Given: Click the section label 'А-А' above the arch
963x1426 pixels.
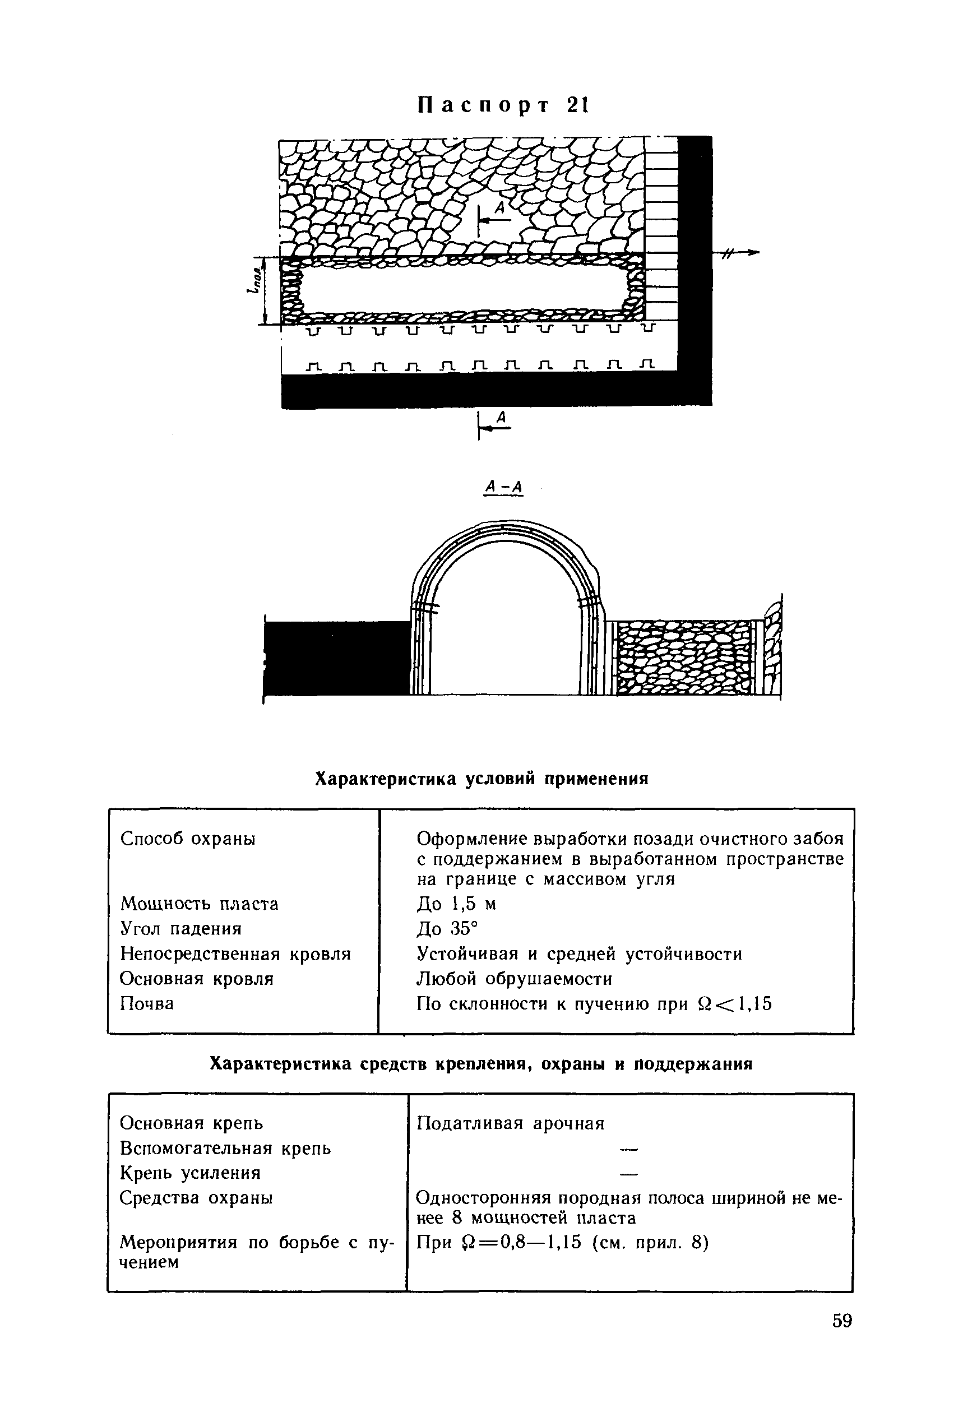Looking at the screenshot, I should (503, 487).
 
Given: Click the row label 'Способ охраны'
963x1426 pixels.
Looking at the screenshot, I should (188, 838).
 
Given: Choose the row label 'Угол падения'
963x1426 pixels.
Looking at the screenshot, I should (181, 929).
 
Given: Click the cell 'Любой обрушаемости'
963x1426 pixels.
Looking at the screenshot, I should (515, 979).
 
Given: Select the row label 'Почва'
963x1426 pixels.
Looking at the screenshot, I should (147, 1004).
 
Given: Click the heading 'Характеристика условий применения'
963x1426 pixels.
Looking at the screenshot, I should (481, 779).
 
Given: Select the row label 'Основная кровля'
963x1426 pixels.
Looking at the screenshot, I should (197, 979).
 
